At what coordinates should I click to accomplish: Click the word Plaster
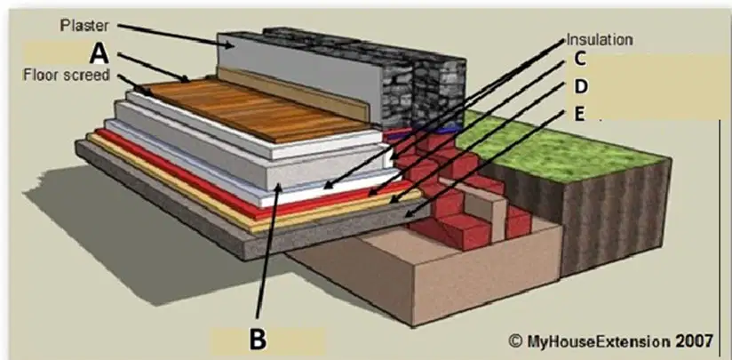84,25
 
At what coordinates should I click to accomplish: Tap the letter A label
99,54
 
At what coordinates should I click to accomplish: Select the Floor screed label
66,75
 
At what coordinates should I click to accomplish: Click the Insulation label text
600,40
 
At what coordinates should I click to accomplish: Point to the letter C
579,60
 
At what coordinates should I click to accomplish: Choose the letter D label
580,86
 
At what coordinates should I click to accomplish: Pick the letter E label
579,114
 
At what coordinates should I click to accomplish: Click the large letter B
258,340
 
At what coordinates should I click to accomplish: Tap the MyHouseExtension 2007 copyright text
611,340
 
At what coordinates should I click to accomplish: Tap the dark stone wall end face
439,91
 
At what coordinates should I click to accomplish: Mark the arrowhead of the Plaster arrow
231,45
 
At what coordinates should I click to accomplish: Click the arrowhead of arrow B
279,188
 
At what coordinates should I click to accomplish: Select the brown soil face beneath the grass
617,215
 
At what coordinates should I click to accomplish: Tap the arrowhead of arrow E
408,214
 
